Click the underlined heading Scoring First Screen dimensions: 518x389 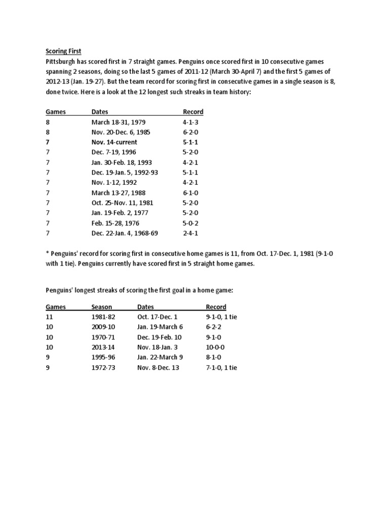click(x=63, y=51)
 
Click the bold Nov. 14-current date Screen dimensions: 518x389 click(x=114, y=142)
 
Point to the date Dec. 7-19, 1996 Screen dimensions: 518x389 click(x=113, y=152)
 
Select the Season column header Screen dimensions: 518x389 click(x=102, y=307)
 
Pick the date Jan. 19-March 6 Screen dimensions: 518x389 click(x=160, y=327)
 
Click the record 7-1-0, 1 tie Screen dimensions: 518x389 click(x=221, y=368)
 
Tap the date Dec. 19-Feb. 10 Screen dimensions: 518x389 click(x=159, y=337)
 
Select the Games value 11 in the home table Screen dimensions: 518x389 click(x=49, y=317)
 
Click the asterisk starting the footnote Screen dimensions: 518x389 click(x=48, y=253)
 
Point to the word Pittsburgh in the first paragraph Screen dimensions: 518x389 click(x=61, y=61)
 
